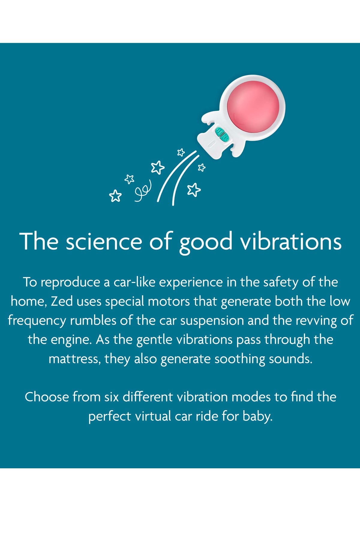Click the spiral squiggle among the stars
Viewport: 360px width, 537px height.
143,191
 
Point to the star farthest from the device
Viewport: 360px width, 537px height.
115,196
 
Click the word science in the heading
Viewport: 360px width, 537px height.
104,241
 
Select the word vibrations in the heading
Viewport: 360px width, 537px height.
291,241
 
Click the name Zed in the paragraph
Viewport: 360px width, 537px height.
62,301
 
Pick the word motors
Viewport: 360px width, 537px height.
169,301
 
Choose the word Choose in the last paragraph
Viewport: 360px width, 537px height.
47,397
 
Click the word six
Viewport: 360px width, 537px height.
112,397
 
